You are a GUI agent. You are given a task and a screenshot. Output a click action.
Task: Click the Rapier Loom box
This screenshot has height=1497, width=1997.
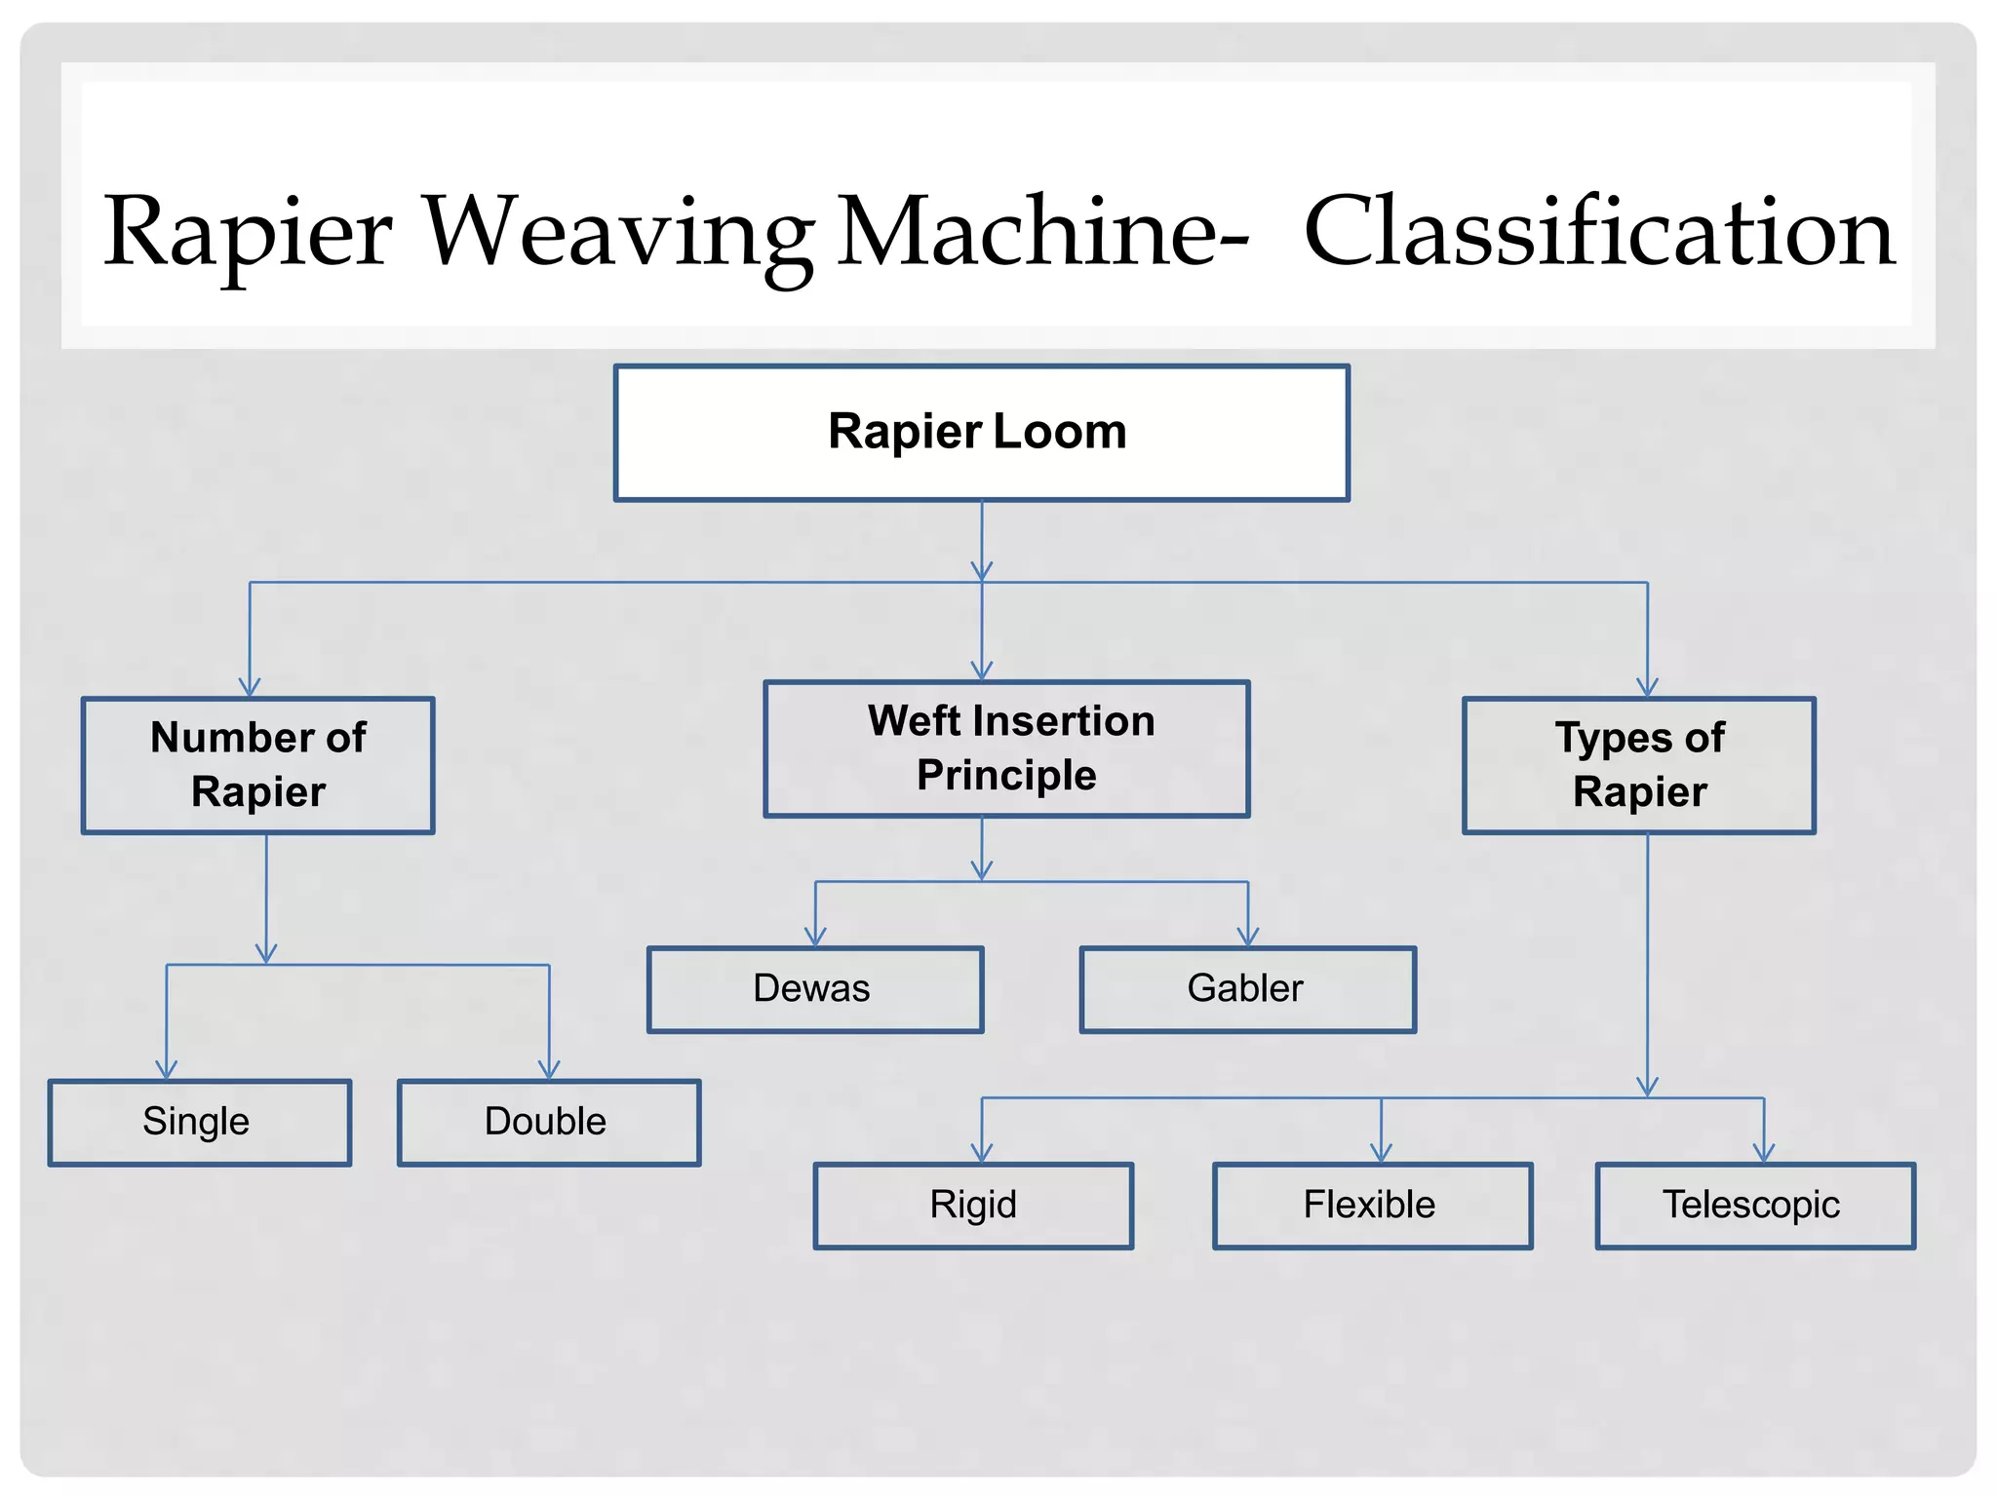pyautogui.click(x=981, y=433)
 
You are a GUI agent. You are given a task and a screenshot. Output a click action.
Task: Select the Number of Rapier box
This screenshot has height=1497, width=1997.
pyautogui.click(x=258, y=765)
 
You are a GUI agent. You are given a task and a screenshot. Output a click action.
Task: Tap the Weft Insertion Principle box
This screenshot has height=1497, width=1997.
pyautogui.click(x=1006, y=748)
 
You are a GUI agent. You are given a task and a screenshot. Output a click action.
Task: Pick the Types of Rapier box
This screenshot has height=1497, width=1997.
pyautogui.click(x=1639, y=765)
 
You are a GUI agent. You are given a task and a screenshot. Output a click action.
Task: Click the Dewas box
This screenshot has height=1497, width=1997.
pyautogui.click(x=815, y=989)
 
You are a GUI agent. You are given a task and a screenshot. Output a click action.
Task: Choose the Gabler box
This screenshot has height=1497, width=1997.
pyautogui.click(x=1247, y=989)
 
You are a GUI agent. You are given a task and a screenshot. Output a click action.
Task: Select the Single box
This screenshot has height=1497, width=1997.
pyautogui.click(x=200, y=1122)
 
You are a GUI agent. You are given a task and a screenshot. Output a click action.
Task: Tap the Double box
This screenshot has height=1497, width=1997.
pyautogui.click(x=549, y=1122)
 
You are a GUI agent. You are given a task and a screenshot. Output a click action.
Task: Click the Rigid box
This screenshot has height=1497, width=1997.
pyautogui.click(x=973, y=1206)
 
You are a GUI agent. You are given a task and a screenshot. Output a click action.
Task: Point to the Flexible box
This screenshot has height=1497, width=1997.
pyautogui.click(x=1372, y=1206)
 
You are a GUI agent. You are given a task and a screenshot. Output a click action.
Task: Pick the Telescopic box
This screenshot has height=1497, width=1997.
pyautogui.click(x=1755, y=1206)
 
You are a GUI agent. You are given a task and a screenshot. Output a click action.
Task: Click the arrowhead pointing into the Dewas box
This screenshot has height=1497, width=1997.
pyautogui.click(x=815, y=937)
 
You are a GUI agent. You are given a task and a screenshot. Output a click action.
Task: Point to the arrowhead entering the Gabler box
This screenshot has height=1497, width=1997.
pyautogui.click(x=1248, y=937)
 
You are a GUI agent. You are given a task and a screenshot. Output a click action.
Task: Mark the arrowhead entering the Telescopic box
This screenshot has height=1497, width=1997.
pyautogui.click(x=1764, y=1153)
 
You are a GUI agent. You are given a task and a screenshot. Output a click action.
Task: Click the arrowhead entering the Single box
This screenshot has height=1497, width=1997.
pyautogui.click(x=167, y=1069)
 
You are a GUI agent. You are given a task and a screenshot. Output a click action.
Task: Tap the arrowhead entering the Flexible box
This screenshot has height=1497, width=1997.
pyautogui.click(x=1381, y=1153)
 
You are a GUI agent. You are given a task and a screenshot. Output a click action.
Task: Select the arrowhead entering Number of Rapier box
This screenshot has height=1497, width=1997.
pyautogui.click(x=250, y=687)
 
